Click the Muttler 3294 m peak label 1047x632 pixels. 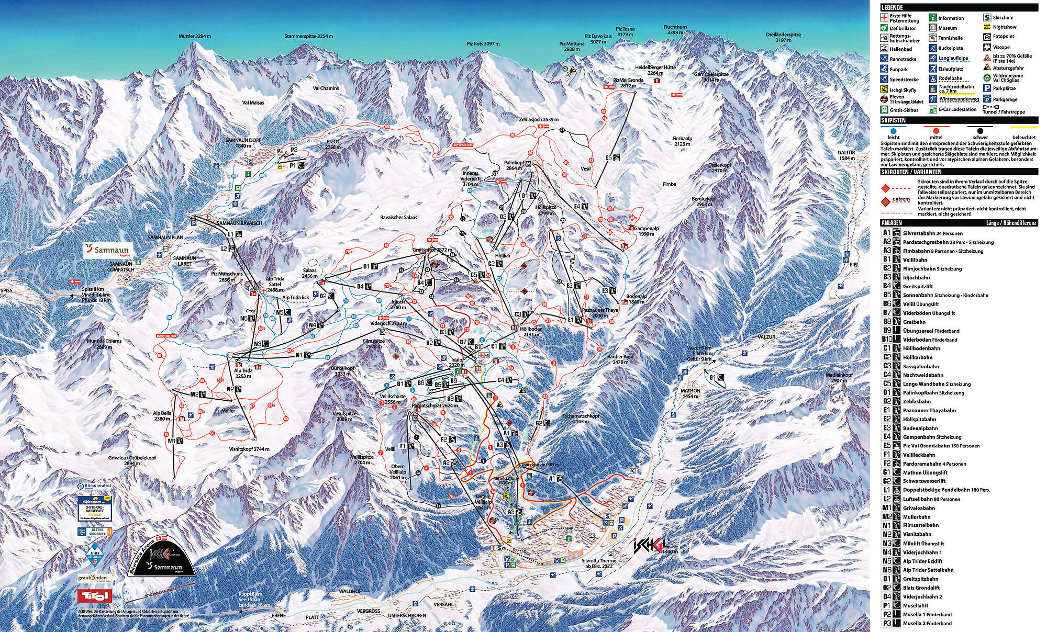pos(194,37)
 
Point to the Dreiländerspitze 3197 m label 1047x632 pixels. pos(784,38)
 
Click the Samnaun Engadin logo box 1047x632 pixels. pos(108,251)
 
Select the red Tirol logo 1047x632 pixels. pos(94,595)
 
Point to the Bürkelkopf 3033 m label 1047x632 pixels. pos(343,371)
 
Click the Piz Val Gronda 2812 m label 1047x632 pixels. pos(628,83)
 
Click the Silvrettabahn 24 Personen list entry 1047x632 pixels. pos(932,233)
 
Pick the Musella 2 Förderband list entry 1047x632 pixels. pos(927,623)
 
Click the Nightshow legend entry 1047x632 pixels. pos(1004,27)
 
